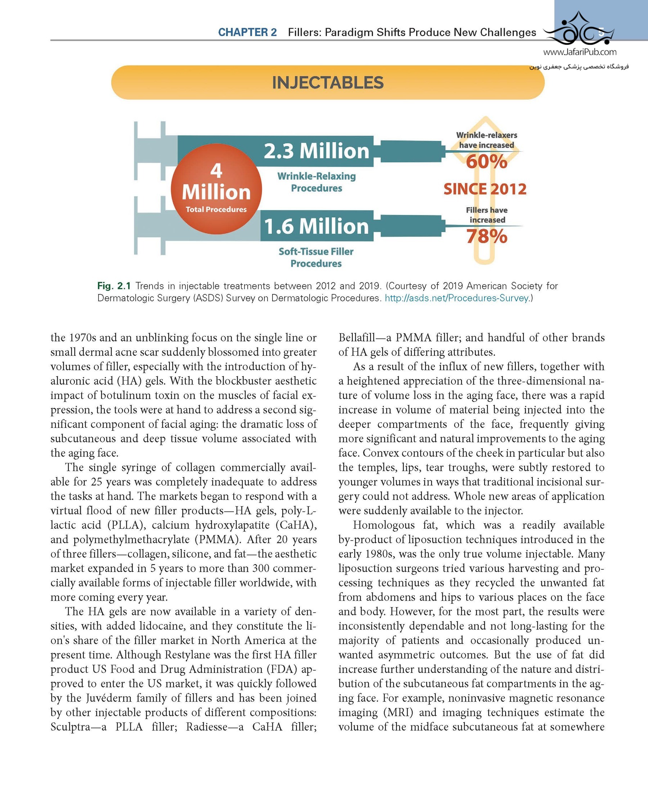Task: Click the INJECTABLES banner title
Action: pyautogui.click(x=327, y=83)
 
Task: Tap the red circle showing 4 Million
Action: pyautogui.click(x=216, y=189)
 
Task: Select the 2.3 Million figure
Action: pyautogui.click(x=316, y=151)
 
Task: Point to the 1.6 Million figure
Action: pyautogui.click(x=316, y=226)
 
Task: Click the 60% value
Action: pyautogui.click(x=486, y=161)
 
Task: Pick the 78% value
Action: pyautogui.click(x=486, y=236)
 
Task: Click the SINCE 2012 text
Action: pyautogui.click(x=485, y=189)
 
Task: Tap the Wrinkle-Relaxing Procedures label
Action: pyautogui.click(x=316, y=182)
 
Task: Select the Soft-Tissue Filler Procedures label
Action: pyautogui.click(x=316, y=257)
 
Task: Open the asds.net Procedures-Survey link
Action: pyautogui.click(x=456, y=298)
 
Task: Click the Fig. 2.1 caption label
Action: pyautogui.click(x=114, y=286)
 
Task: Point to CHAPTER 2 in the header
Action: pyautogui.click(x=247, y=32)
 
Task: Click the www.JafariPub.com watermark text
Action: pyautogui.click(x=580, y=52)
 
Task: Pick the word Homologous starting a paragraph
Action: pyautogui.click(x=383, y=525)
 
